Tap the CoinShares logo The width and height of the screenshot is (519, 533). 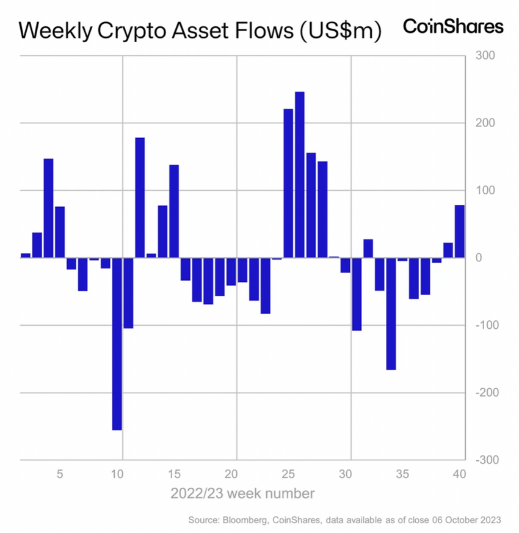(453, 26)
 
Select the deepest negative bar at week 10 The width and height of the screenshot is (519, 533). (117, 344)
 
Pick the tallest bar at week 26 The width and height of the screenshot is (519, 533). (300, 174)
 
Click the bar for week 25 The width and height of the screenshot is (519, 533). (288, 183)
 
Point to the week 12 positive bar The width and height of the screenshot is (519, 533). (140, 197)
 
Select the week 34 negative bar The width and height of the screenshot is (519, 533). (391, 314)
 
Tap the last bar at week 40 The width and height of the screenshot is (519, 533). (460, 231)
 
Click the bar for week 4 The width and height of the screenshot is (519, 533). (48, 208)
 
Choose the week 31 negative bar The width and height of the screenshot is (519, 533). (357, 294)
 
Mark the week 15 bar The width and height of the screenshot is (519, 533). (174, 211)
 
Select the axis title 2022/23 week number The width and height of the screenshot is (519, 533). (243, 493)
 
